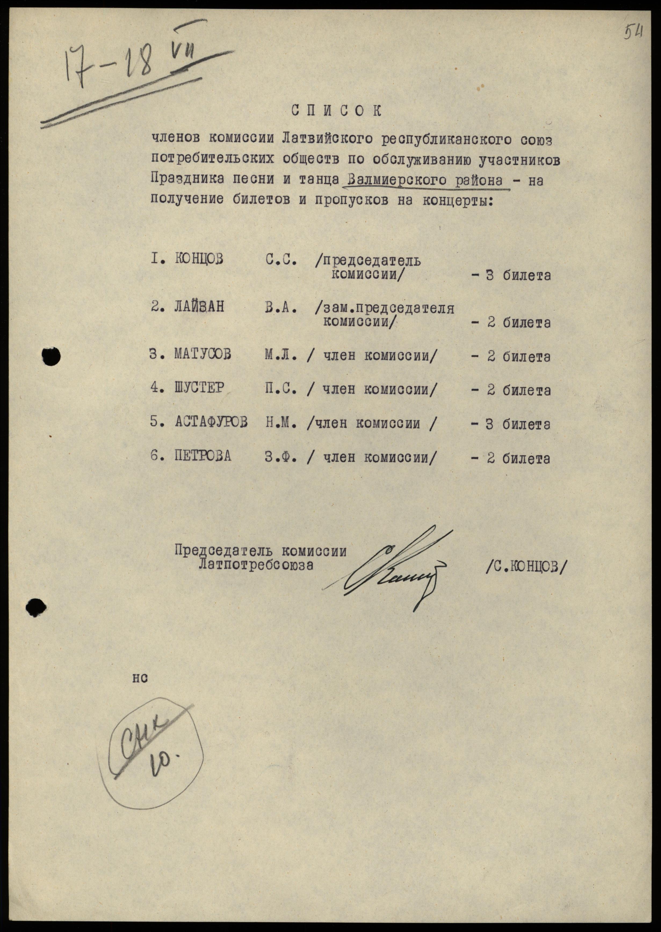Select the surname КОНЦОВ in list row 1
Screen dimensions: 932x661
pos(199,259)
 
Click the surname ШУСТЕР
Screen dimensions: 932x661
pos(199,388)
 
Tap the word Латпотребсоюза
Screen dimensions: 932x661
pos(256,564)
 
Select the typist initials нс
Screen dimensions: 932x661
pos(139,678)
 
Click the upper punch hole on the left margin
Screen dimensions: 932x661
pos(51,356)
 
